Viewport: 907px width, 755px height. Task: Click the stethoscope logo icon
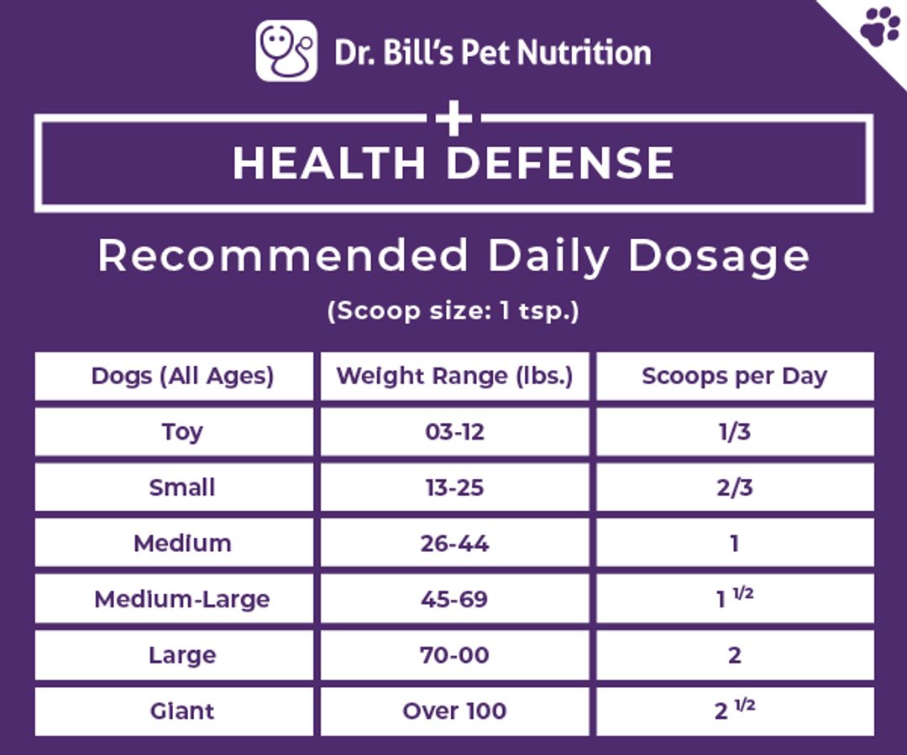pos(286,51)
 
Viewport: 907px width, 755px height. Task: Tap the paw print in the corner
pos(880,26)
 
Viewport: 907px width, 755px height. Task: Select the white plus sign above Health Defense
pos(454,118)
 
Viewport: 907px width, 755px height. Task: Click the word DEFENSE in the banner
pos(560,163)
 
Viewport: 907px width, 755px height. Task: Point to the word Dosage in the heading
pos(718,257)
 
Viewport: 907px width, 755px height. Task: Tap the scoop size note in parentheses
pos(453,310)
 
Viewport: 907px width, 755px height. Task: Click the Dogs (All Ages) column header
pos(182,376)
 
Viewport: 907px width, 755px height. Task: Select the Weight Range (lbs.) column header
pos(454,376)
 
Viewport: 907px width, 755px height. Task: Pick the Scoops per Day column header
pos(735,376)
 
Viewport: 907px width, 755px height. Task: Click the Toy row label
pos(182,432)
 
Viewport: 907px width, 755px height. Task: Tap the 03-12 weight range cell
pos(454,431)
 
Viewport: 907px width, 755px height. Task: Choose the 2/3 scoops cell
pos(735,487)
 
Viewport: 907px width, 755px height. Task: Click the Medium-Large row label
pos(182,600)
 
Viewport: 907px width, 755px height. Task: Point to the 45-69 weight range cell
pos(454,599)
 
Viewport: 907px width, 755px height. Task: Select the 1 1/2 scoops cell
pos(735,598)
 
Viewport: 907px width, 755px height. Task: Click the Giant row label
pos(182,711)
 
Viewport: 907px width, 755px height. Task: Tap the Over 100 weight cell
pos(454,711)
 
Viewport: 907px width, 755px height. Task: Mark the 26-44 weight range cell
pos(454,544)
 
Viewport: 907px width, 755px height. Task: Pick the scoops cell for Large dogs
pos(735,655)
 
